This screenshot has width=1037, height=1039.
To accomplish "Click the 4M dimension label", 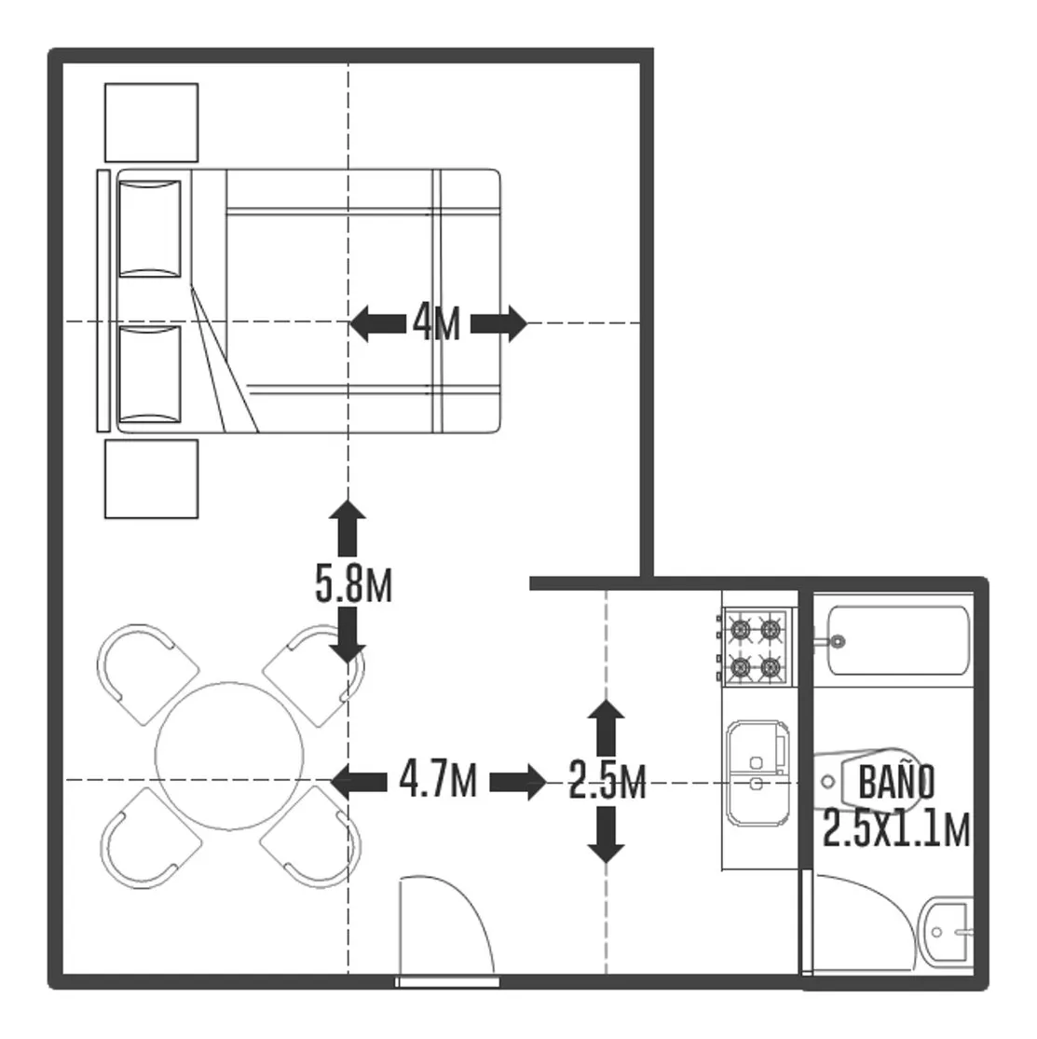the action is click(x=437, y=322).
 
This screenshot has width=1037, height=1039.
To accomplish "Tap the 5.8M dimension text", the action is click(x=354, y=584).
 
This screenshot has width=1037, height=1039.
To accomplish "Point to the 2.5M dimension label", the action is click(x=607, y=781).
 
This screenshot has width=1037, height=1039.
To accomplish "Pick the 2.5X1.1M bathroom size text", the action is click(x=896, y=828).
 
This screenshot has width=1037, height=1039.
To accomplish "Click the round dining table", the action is click(x=229, y=756).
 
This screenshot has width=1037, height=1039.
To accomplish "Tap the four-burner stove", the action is click(x=755, y=647).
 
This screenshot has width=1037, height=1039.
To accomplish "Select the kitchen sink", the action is click(x=758, y=772).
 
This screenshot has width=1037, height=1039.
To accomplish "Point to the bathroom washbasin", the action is click(x=948, y=933).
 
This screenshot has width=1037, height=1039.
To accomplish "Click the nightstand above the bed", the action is click(x=152, y=123).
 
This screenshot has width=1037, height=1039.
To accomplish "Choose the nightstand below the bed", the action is click(x=152, y=478).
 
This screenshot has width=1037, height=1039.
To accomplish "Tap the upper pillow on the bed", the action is click(x=150, y=228).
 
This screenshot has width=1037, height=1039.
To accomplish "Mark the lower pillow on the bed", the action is click(x=150, y=374).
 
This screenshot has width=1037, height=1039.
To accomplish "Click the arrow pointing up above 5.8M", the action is click(x=348, y=528).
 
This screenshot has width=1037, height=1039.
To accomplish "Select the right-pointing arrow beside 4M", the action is click(x=499, y=323).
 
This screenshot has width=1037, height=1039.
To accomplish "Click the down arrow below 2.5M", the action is click(x=606, y=835).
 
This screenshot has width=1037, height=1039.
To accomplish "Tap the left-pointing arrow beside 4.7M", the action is click(x=359, y=781).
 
